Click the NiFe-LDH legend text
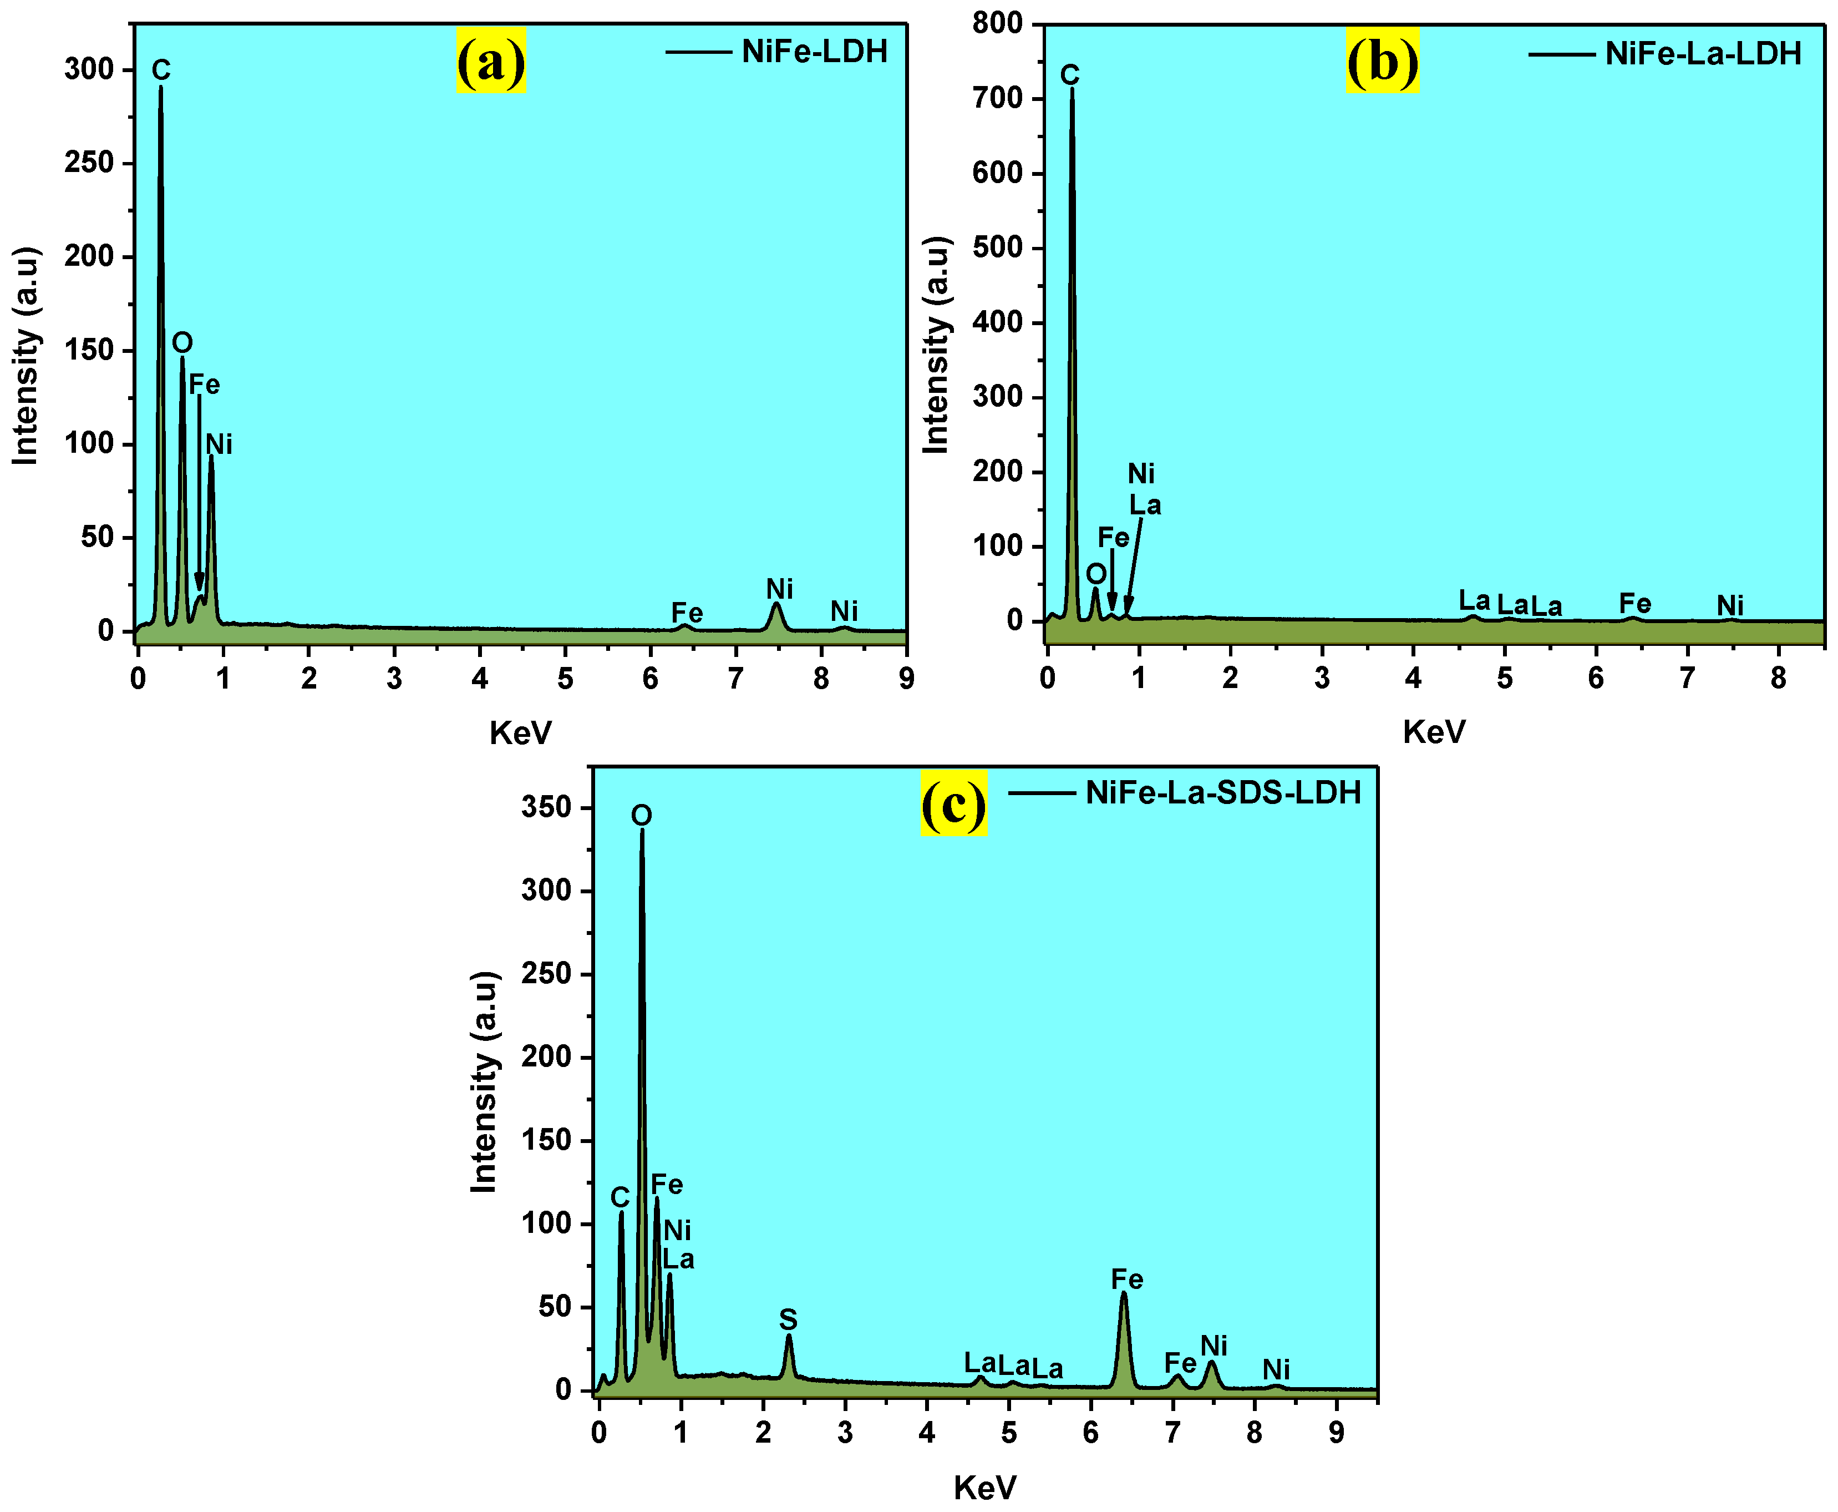click(814, 52)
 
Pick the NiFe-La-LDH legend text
click(1703, 54)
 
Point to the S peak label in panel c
click(788, 1319)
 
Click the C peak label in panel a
click(161, 70)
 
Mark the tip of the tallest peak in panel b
click(1072, 89)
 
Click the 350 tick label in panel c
click(546, 807)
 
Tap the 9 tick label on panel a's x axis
click(906, 679)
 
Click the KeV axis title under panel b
click(1434, 732)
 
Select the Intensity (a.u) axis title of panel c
click(484, 1082)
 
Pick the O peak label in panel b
click(1096, 573)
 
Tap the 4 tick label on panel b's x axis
click(1413, 677)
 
